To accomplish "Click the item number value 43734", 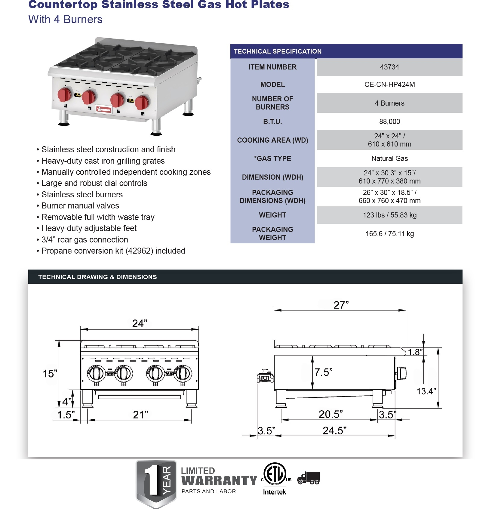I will coord(389,67).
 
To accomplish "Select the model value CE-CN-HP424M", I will coord(389,85).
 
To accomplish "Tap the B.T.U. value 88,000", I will coord(389,122).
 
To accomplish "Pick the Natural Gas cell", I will coord(389,159).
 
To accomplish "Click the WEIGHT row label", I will coord(272,215).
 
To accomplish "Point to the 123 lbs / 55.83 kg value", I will coord(389,215).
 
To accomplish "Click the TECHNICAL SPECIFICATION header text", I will coord(277,51).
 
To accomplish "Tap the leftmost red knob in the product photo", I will coord(65,94).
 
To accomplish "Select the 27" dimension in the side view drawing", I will coord(341,305).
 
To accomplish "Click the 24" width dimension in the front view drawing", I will coord(140,324).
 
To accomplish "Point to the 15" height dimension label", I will coord(50,374).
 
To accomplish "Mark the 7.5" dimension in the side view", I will coord(323,372).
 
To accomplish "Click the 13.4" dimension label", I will coord(426,391).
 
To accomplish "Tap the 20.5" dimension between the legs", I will coord(330,415).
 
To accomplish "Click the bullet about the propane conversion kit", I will coord(113,251).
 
